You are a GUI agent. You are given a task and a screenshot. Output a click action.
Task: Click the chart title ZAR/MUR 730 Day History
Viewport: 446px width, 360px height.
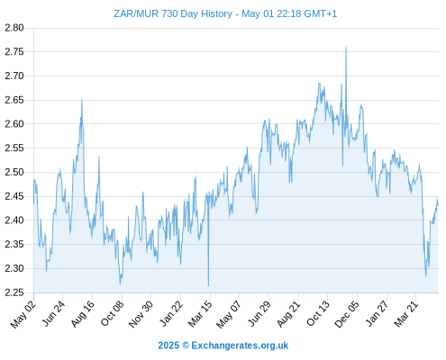tap(173, 13)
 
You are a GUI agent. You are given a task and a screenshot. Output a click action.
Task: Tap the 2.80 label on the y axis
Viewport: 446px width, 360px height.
tap(14, 28)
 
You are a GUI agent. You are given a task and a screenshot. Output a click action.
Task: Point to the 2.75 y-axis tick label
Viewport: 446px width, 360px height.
tap(14, 52)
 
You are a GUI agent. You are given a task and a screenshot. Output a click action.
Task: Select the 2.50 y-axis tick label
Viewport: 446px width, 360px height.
tap(14, 172)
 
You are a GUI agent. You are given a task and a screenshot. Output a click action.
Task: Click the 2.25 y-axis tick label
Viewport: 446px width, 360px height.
tap(14, 292)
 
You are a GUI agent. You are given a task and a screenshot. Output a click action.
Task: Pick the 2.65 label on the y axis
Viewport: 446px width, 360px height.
tap(14, 100)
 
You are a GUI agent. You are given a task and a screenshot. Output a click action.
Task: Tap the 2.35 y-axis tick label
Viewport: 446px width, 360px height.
tap(14, 245)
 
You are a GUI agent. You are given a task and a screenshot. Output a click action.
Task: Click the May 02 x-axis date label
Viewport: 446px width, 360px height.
tap(23, 314)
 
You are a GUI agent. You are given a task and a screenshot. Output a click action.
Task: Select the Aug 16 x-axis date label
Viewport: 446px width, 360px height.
tap(82, 313)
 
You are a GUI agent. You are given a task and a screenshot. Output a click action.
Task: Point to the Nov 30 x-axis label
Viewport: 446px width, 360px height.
tap(141, 314)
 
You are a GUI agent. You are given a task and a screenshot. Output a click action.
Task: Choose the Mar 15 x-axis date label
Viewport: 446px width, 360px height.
tap(200, 313)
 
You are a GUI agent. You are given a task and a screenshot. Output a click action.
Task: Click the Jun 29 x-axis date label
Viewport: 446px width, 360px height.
tap(259, 313)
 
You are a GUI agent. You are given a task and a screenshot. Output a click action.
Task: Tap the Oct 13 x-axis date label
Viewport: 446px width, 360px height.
tap(318, 313)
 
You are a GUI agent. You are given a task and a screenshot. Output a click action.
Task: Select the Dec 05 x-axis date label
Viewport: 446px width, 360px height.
tap(347, 314)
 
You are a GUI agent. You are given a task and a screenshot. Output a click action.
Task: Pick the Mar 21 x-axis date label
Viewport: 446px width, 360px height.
tap(405, 313)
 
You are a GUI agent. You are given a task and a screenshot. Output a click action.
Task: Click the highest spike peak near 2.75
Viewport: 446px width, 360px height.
tap(346, 48)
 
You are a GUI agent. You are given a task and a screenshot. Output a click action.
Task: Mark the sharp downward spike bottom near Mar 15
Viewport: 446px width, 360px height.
tap(208, 286)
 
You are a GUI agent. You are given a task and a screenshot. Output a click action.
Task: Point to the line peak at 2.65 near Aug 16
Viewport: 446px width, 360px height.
tap(82, 100)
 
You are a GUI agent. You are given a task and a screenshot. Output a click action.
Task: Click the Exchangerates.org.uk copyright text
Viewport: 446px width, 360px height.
tap(223, 346)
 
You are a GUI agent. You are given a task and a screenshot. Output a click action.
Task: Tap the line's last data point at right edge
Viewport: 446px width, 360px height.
tap(438, 205)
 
